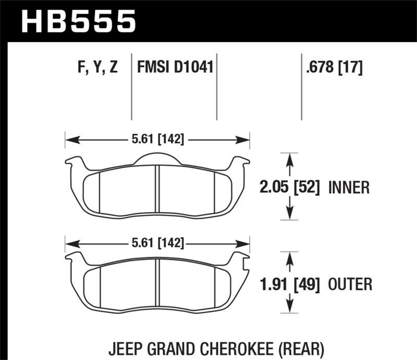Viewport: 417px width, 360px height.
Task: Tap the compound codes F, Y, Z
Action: (x=97, y=68)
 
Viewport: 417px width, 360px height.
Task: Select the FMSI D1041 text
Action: (x=175, y=68)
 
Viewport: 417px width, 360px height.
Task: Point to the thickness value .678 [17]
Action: (x=332, y=68)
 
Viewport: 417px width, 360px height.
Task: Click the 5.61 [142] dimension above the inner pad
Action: (x=157, y=139)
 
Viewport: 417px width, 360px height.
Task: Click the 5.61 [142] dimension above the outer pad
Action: (x=157, y=243)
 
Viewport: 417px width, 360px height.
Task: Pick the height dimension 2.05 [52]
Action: (x=289, y=187)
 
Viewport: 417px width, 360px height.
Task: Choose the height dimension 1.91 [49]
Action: (x=289, y=284)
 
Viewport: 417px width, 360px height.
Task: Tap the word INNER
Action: (x=349, y=187)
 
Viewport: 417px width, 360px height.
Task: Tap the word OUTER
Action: (x=350, y=284)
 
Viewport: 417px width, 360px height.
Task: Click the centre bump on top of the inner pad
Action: (x=157, y=158)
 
